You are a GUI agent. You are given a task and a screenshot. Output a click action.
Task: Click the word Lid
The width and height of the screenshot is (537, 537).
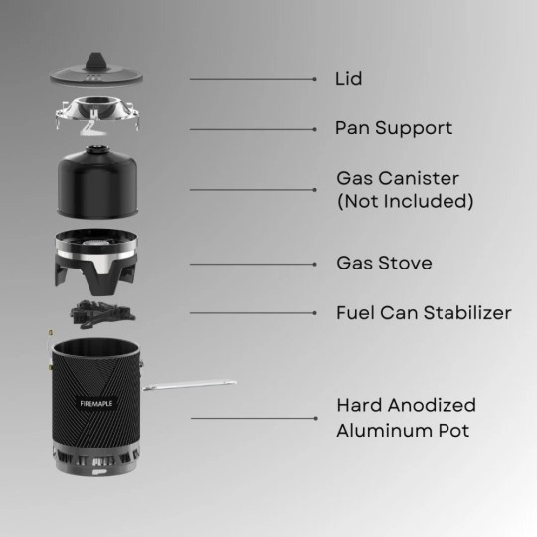(x=348, y=79)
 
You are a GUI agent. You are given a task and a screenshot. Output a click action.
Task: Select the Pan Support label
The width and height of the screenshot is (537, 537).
(x=394, y=128)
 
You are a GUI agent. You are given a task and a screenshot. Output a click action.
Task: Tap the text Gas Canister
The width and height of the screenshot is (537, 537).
(x=398, y=178)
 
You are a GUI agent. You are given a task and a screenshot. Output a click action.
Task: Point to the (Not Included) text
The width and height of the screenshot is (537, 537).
(x=405, y=201)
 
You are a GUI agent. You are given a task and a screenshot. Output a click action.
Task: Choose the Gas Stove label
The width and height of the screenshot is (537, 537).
(x=384, y=263)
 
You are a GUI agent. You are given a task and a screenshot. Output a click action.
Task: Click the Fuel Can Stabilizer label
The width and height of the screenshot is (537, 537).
(x=424, y=313)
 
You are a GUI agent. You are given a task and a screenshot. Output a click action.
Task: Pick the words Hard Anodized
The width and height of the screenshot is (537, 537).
(x=406, y=405)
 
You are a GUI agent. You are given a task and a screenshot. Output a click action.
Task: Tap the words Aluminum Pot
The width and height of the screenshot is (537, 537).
(x=403, y=431)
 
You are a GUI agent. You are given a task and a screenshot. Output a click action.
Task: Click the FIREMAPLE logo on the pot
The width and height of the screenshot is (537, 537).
(x=95, y=403)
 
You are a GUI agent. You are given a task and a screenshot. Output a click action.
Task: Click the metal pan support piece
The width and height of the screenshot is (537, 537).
(x=97, y=114)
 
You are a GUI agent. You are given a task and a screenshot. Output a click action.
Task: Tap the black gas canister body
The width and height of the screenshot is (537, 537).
(x=97, y=184)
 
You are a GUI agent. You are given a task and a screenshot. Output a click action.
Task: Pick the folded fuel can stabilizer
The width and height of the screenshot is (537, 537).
(x=102, y=314)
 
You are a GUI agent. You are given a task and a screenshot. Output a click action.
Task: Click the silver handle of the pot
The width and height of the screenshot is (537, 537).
(x=189, y=385)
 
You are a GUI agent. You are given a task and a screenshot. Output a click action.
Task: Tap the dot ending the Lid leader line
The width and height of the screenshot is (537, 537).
(x=314, y=79)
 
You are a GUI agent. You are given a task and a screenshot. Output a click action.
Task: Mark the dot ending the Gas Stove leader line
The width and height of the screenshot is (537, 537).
(x=314, y=265)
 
